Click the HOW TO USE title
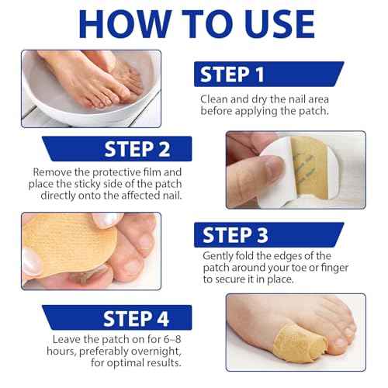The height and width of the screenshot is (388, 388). tap(194, 24)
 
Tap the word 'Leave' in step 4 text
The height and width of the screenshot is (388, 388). tap(69, 339)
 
